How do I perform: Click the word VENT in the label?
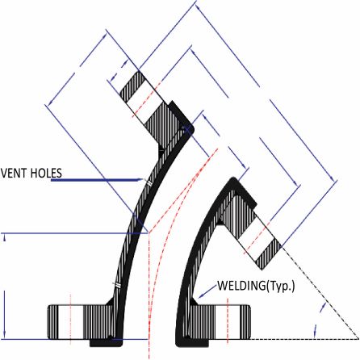coord(14,173)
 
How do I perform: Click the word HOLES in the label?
coord(46,173)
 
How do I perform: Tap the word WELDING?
coord(241,286)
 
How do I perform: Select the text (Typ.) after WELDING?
coord(280,287)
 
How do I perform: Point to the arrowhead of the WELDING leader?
coord(200,296)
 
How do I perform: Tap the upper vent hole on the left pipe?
coord(149,183)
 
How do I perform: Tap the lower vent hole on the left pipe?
coord(116,284)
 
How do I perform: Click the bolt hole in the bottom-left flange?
coord(70,321)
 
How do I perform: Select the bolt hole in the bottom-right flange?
coord(228,321)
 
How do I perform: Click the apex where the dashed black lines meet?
coord(358,339)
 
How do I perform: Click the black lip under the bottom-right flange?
coord(192,342)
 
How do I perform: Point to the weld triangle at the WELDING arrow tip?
coord(195,301)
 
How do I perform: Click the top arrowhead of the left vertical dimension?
coord(5,237)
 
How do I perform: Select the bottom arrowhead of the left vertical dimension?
coord(5,334)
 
